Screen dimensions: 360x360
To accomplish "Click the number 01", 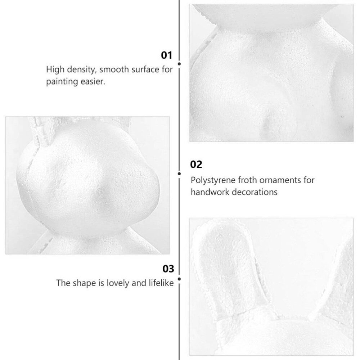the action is (166, 55).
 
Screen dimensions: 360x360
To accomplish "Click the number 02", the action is (196, 165).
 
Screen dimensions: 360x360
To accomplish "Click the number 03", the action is (168, 269).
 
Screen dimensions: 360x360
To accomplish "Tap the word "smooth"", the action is (114, 69).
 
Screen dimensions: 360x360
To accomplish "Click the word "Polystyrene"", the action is (213, 180).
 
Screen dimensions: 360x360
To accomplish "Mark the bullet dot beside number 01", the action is (179, 64).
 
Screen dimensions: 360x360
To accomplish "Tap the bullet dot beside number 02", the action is (179, 174).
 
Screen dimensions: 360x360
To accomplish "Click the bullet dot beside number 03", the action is (179, 279).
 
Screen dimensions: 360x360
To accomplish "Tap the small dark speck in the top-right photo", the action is (342, 117).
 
